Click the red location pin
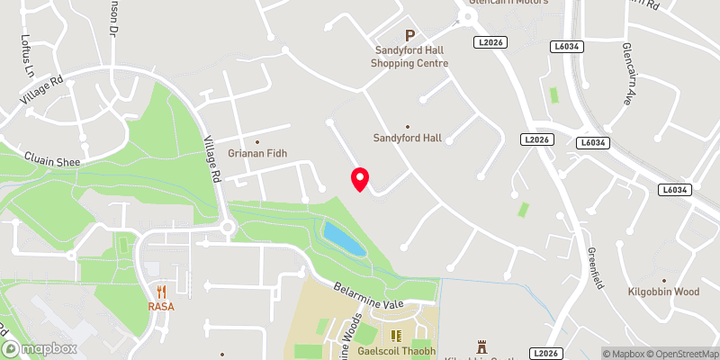[360, 179]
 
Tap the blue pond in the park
[344, 239]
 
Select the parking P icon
[410, 37]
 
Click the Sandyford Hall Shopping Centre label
[409, 58]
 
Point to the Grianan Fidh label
[256, 154]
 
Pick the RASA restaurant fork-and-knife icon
[162, 291]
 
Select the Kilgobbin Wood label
[663, 292]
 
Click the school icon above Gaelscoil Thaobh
[392, 335]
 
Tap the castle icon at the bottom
[481, 346]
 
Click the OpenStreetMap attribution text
[680, 354]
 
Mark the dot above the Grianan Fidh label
[257, 141]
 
